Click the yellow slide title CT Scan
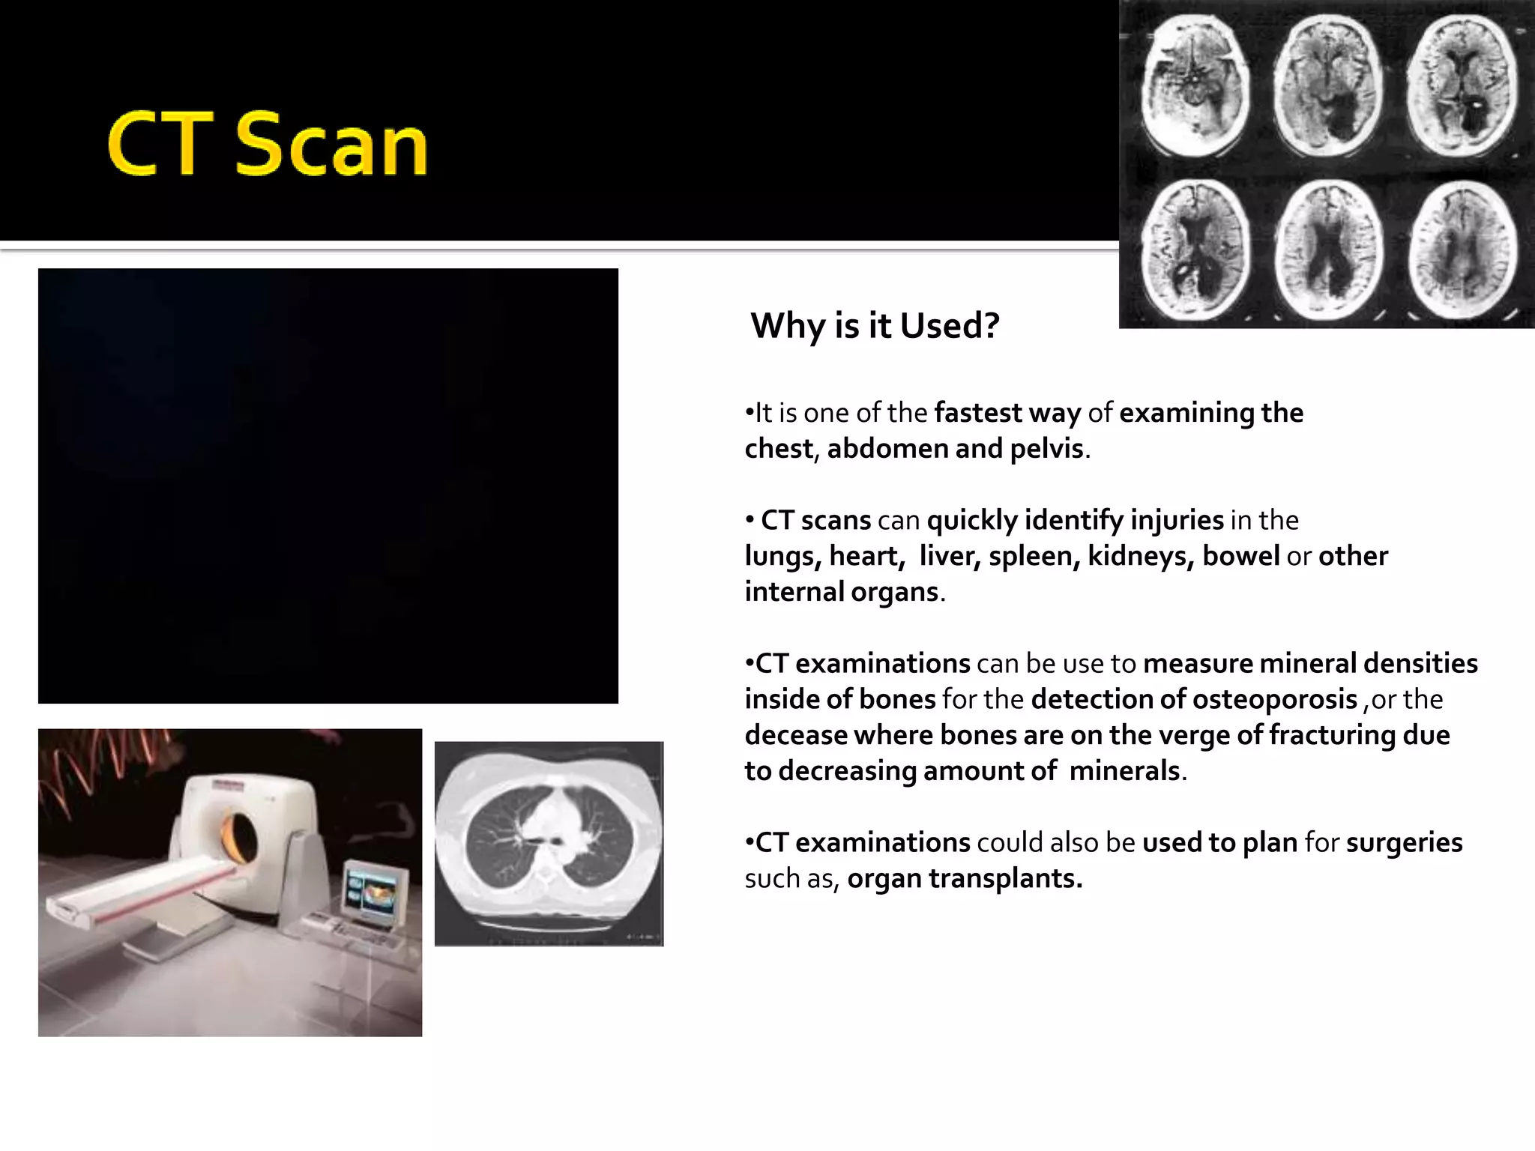click(x=268, y=145)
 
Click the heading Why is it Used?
click(x=875, y=326)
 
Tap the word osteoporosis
click(x=1274, y=699)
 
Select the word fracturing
click(x=1333, y=735)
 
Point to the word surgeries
click(x=1404, y=843)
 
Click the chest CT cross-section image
click(x=549, y=844)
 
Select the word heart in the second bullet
click(x=863, y=556)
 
